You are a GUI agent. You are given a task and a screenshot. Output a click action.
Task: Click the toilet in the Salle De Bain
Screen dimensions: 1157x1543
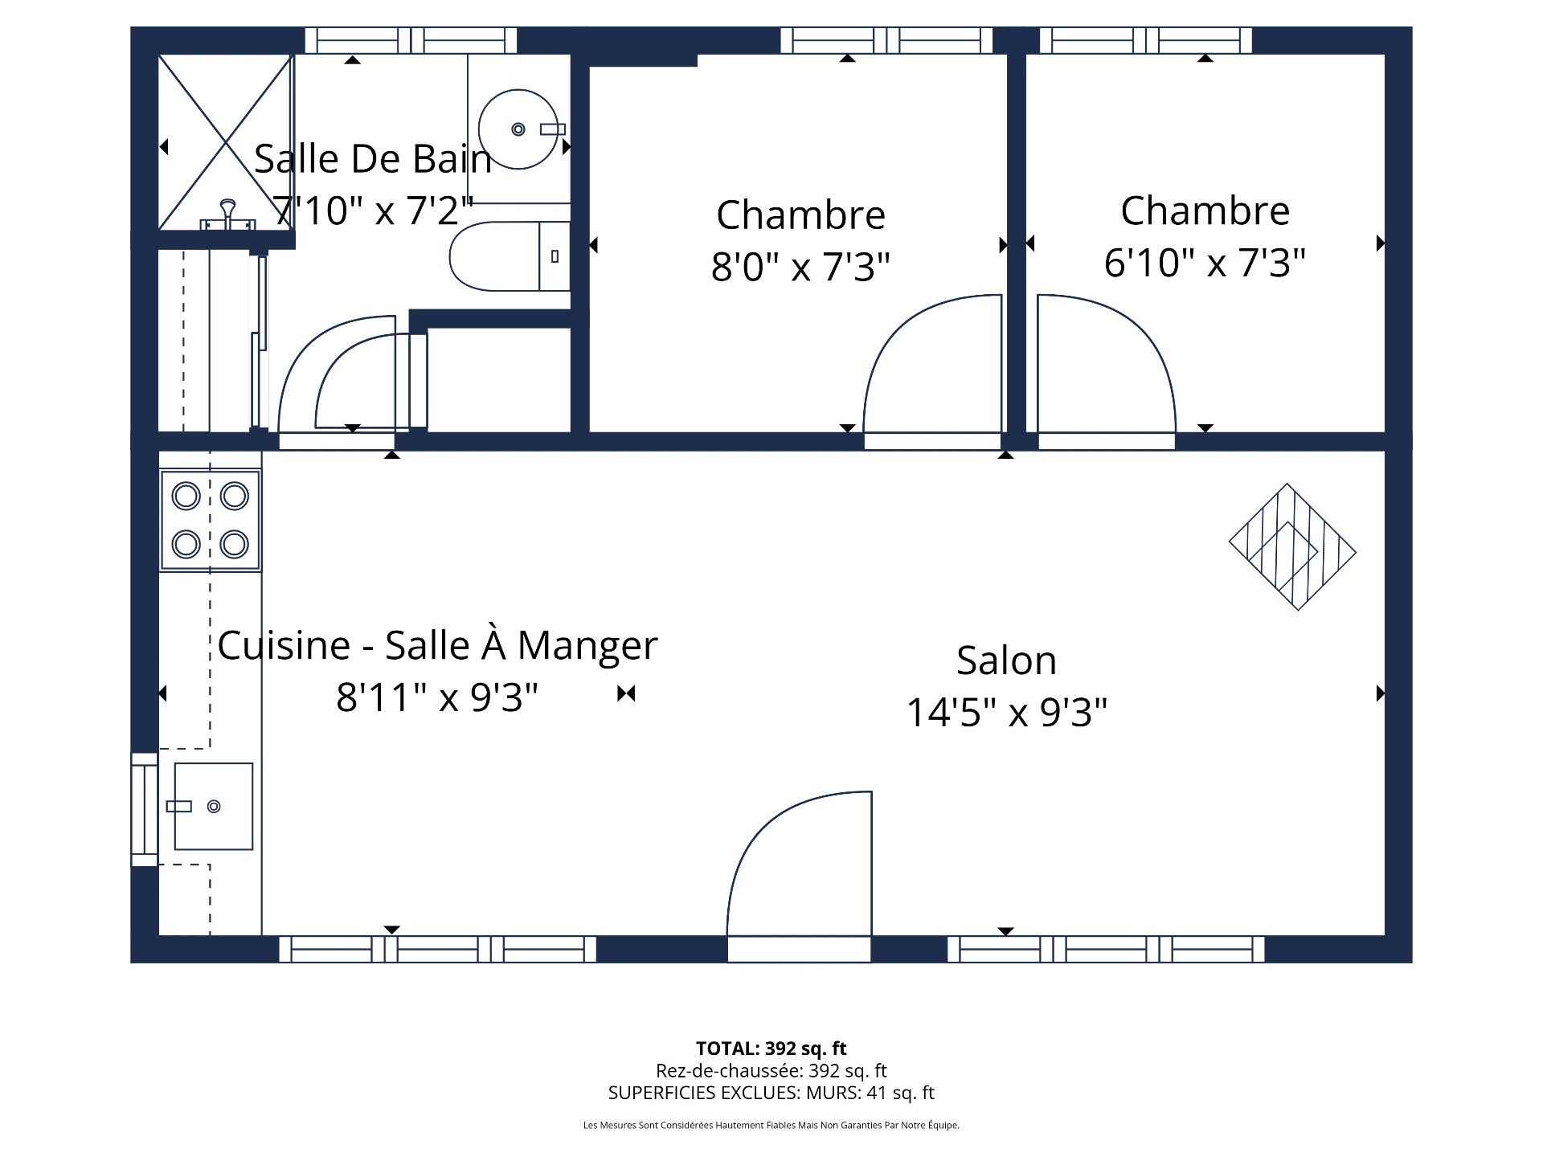[x=506, y=257]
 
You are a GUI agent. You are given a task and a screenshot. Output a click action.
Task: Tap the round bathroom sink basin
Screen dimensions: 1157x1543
[x=518, y=129]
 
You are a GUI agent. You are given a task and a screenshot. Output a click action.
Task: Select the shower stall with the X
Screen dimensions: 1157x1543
[x=225, y=143]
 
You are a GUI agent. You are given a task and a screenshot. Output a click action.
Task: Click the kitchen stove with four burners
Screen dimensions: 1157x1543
[x=211, y=520]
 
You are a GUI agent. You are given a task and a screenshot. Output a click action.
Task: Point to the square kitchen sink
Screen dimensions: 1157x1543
[x=214, y=806]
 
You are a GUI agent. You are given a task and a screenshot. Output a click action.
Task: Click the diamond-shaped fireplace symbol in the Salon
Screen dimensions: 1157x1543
[x=1292, y=546]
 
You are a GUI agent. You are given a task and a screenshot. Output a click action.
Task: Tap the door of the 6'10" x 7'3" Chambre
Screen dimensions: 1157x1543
[x=1105, y=366]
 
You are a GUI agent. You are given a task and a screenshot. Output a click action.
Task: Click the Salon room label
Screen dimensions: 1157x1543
[x=1006, y=660]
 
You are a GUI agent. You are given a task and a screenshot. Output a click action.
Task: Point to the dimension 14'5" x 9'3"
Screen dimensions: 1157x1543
[x=1006, y=712]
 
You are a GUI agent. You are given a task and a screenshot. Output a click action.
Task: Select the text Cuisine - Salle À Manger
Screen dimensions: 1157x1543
[x=437, y=645]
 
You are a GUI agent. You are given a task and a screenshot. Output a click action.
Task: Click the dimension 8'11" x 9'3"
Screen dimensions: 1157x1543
[x=437, y=697]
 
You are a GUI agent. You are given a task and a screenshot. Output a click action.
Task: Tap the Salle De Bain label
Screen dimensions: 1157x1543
[x=373, y=159]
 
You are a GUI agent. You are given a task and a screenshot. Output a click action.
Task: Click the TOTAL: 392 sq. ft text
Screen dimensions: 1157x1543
[x=771, y=1048]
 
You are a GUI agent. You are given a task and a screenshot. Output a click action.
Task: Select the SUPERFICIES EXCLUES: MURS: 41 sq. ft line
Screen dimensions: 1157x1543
[x=771, y=1093]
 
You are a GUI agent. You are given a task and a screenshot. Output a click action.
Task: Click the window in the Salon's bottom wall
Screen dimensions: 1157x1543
[x=1106, y=949]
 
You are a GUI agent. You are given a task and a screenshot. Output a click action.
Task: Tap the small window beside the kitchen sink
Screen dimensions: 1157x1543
[x=145, y=809]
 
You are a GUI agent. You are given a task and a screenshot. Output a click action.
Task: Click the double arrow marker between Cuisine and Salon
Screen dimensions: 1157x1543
[x=626, y=693]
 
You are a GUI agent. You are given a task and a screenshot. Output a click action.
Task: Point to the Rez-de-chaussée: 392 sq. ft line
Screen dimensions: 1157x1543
[x=771, y=1070]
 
